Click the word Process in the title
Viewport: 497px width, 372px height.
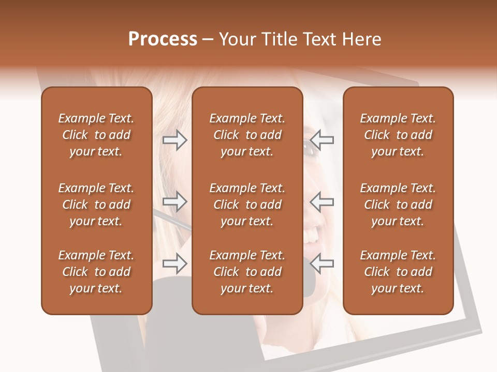[163, 39]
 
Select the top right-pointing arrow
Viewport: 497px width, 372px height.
[174, 140]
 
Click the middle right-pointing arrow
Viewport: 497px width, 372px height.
[174, 202]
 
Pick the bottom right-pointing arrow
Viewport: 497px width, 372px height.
[174, 264]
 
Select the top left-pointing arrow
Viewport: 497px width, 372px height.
[321, 140]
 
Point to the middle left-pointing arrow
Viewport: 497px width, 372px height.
[321, 202]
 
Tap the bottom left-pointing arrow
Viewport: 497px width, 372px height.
[321, 264]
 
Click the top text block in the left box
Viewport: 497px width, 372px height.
[96, 135]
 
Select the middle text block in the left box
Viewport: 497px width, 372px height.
[96, 205]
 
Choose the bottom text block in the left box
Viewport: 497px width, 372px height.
[96, 272]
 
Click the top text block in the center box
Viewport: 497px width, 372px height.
[247, 135]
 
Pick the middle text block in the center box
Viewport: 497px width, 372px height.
[247, 205]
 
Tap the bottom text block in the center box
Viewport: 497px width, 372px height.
[247, 272]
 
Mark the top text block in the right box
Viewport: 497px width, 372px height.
[398, 135]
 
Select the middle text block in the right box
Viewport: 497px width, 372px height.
[398, 205]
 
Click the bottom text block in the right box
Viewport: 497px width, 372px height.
[398, 272]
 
